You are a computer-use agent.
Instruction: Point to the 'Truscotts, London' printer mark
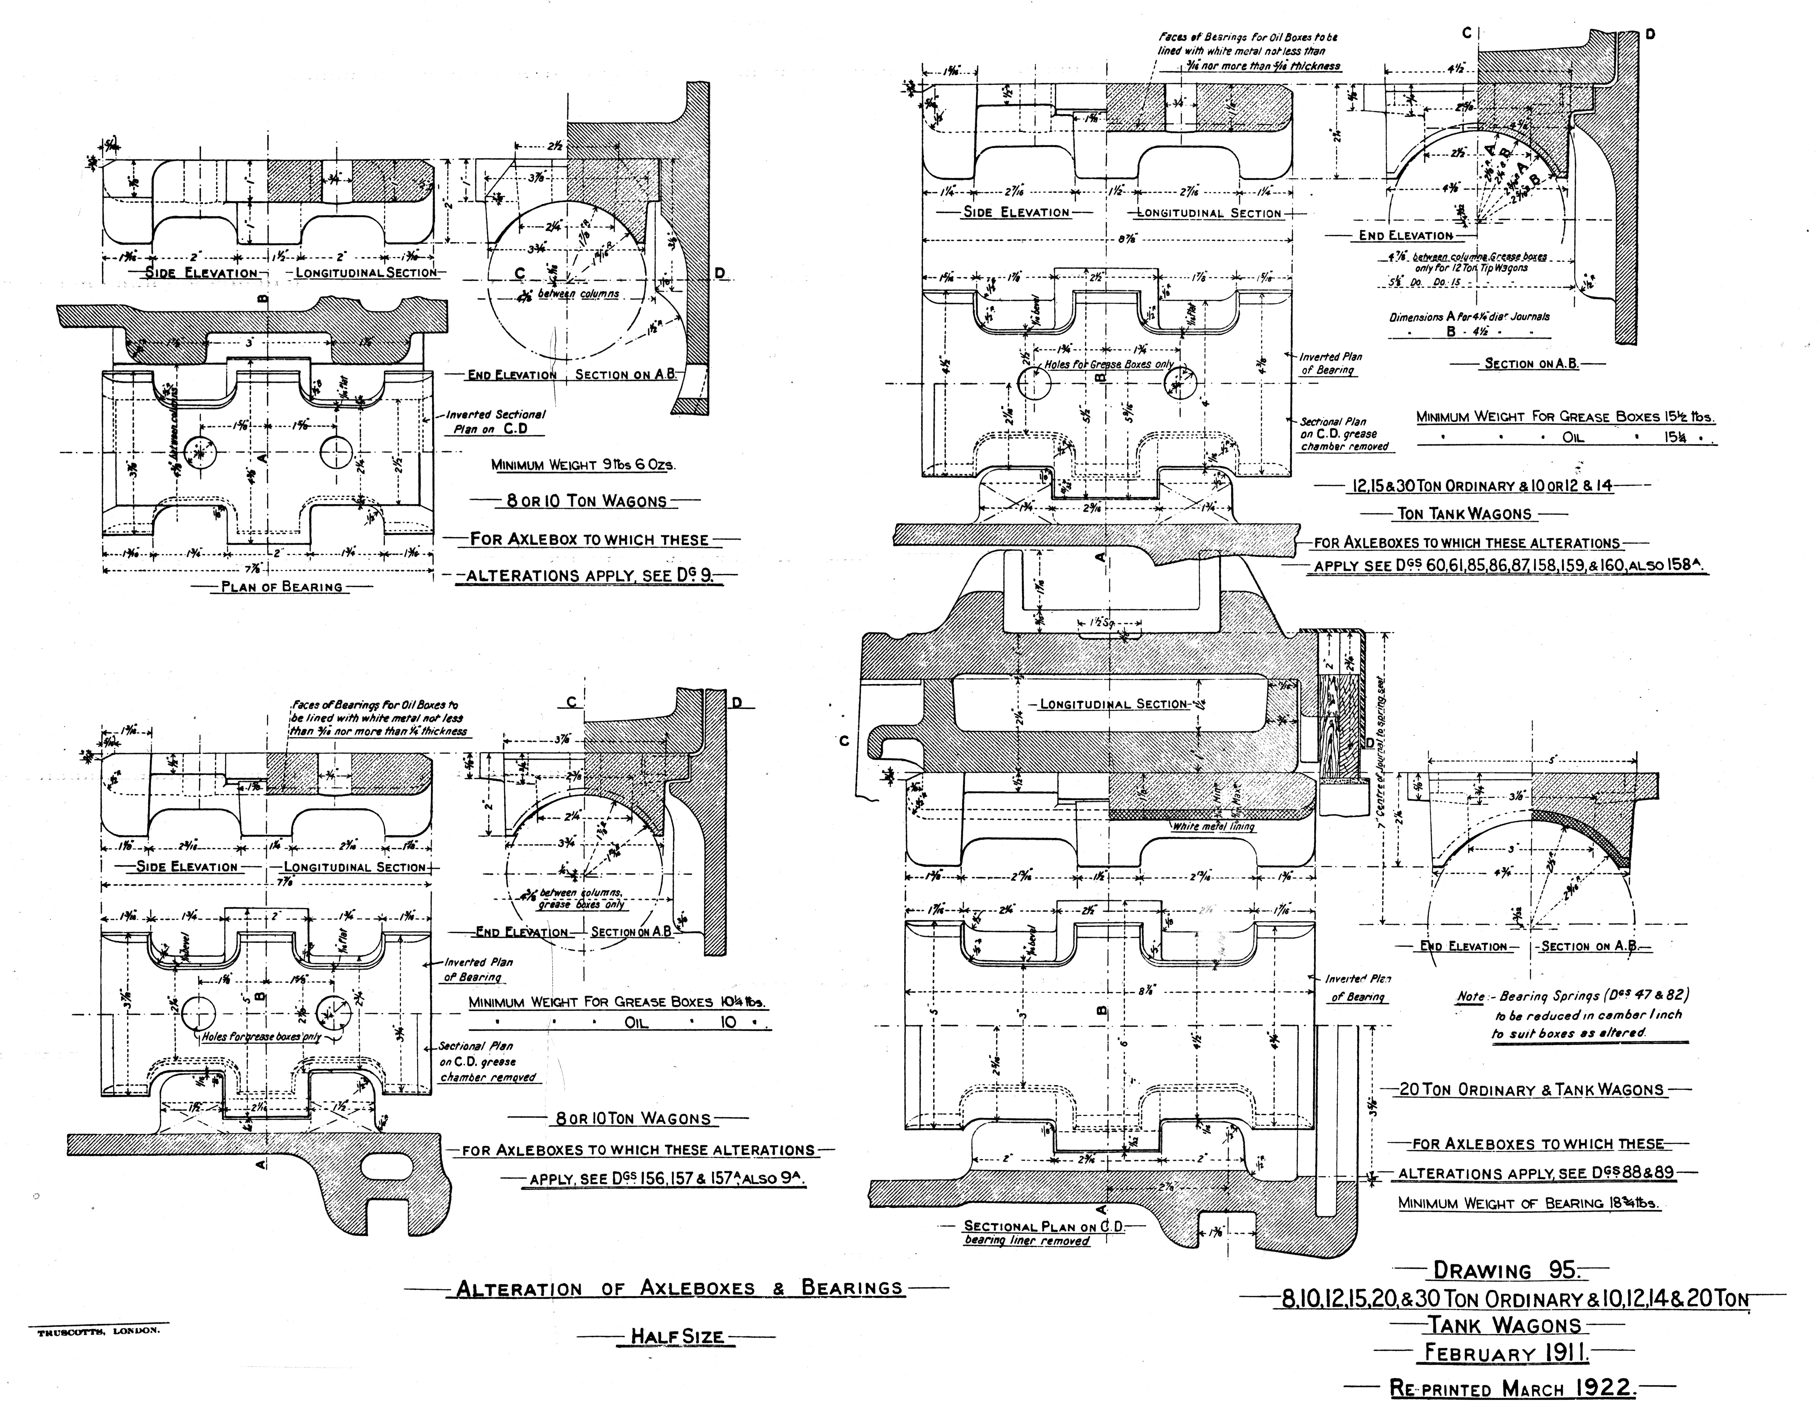[98, 1331]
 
